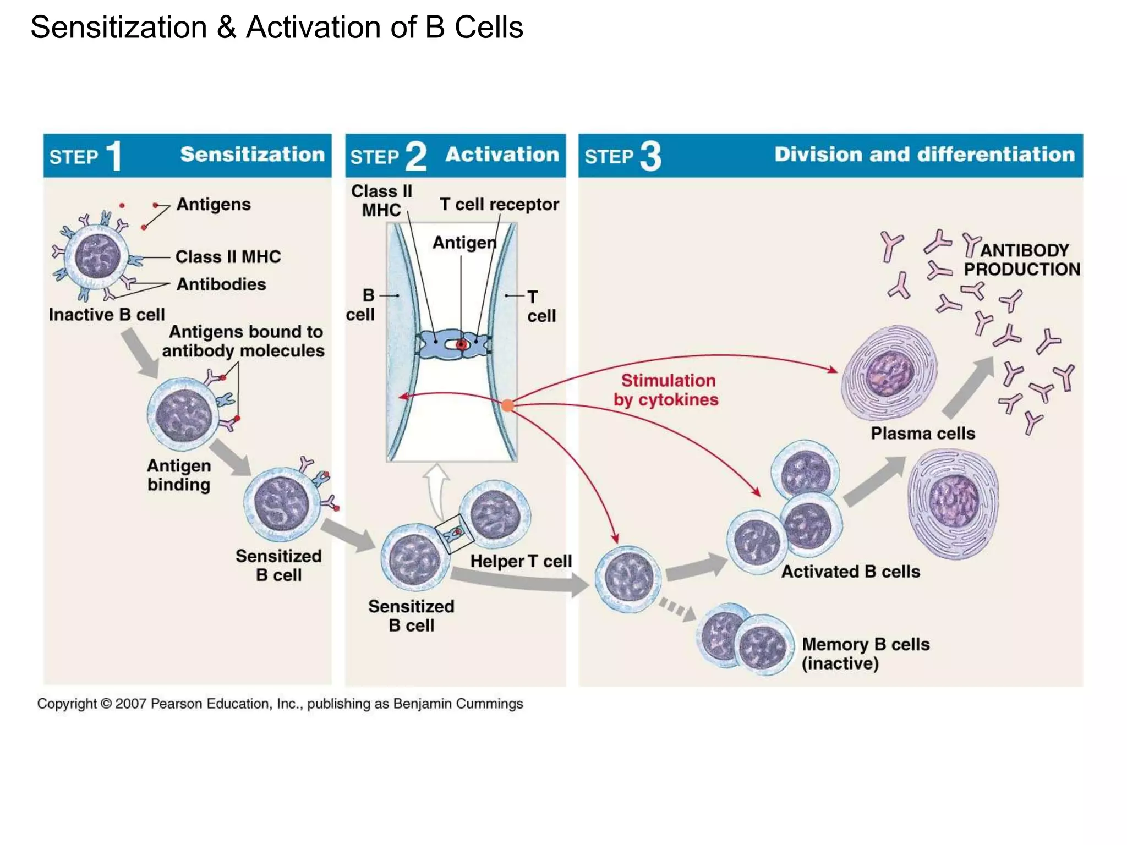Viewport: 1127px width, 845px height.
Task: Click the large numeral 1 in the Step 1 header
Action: tap(114, 156)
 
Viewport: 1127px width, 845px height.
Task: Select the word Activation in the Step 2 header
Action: tap(502, 155)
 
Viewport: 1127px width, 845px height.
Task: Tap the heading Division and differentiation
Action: tap(924, 155)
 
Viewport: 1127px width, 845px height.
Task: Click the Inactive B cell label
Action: tap(107, 315)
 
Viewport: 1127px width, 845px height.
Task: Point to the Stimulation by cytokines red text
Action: tap(666, 390)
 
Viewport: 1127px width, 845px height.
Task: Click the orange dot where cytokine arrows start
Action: tap(507, 406)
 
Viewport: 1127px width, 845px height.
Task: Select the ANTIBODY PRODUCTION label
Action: tap(1022, 260)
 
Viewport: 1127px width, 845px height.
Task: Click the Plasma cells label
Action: tap(922, 434)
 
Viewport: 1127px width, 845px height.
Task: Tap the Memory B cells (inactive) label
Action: tap(865, 654)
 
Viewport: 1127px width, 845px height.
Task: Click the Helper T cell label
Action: tap(521, 561)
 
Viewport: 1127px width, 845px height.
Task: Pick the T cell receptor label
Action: tap(499, 204)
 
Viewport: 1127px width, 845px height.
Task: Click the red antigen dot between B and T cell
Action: tap(462, 345)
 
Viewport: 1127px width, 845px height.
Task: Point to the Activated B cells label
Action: tap(850, 572)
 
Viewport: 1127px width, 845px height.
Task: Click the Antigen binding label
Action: tap(179, 475)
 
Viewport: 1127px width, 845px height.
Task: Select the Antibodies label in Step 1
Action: tap(221, 284)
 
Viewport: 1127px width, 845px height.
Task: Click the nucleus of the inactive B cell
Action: tap(97, 255)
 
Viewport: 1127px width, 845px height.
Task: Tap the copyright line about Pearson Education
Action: tap(280, 704)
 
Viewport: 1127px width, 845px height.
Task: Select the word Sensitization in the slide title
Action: tap(118, 28)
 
